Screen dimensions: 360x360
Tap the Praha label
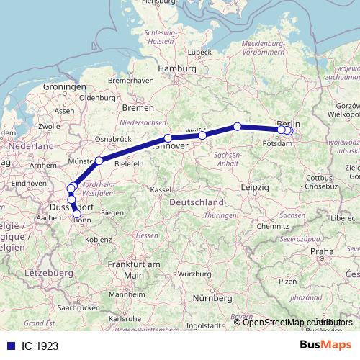pyautogui.click(x=322, y=251)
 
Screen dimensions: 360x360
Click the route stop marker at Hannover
pyautogui.click(x=168, y=138)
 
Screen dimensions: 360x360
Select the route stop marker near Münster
pyautogui.click(x=99, y=160)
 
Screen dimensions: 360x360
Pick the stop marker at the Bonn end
pyautogui.click(x=77, y=214)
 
